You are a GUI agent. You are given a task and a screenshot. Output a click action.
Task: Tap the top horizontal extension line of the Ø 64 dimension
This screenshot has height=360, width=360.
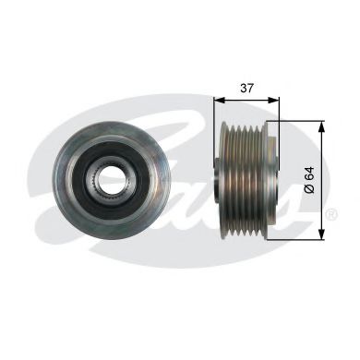[295, 121]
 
